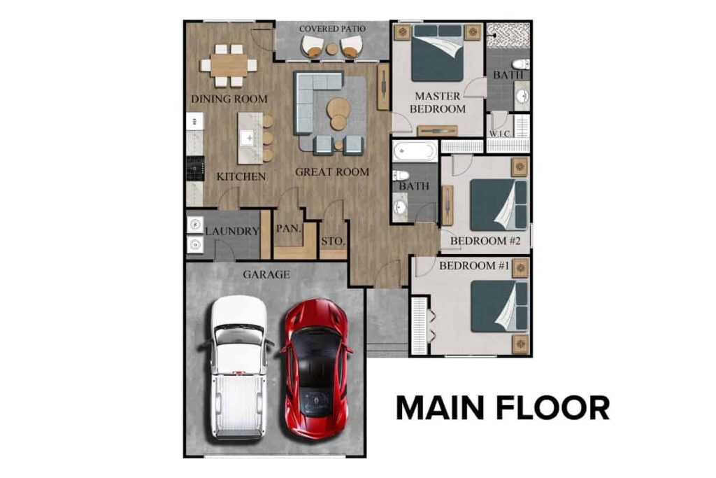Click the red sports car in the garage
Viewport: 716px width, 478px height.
pos(315,368)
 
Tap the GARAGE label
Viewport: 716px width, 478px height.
pos(266,274)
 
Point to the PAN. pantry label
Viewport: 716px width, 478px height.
pos(288,228)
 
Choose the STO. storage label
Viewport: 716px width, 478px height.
pos(333,241)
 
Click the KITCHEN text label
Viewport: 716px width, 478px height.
pos(241,176)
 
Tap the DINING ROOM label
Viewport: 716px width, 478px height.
pos(229,99)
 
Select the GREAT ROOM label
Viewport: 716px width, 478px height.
pos(331,172)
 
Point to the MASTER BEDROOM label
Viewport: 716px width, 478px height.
pos(438,102)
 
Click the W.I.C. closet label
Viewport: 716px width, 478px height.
pos(501,133)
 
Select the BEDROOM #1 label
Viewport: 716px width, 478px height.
pos(473,266)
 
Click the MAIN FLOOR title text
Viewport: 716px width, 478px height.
pos(503,408)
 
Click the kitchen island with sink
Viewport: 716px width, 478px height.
pos(250,138)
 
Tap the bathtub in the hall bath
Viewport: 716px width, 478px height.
pos(415,152)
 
